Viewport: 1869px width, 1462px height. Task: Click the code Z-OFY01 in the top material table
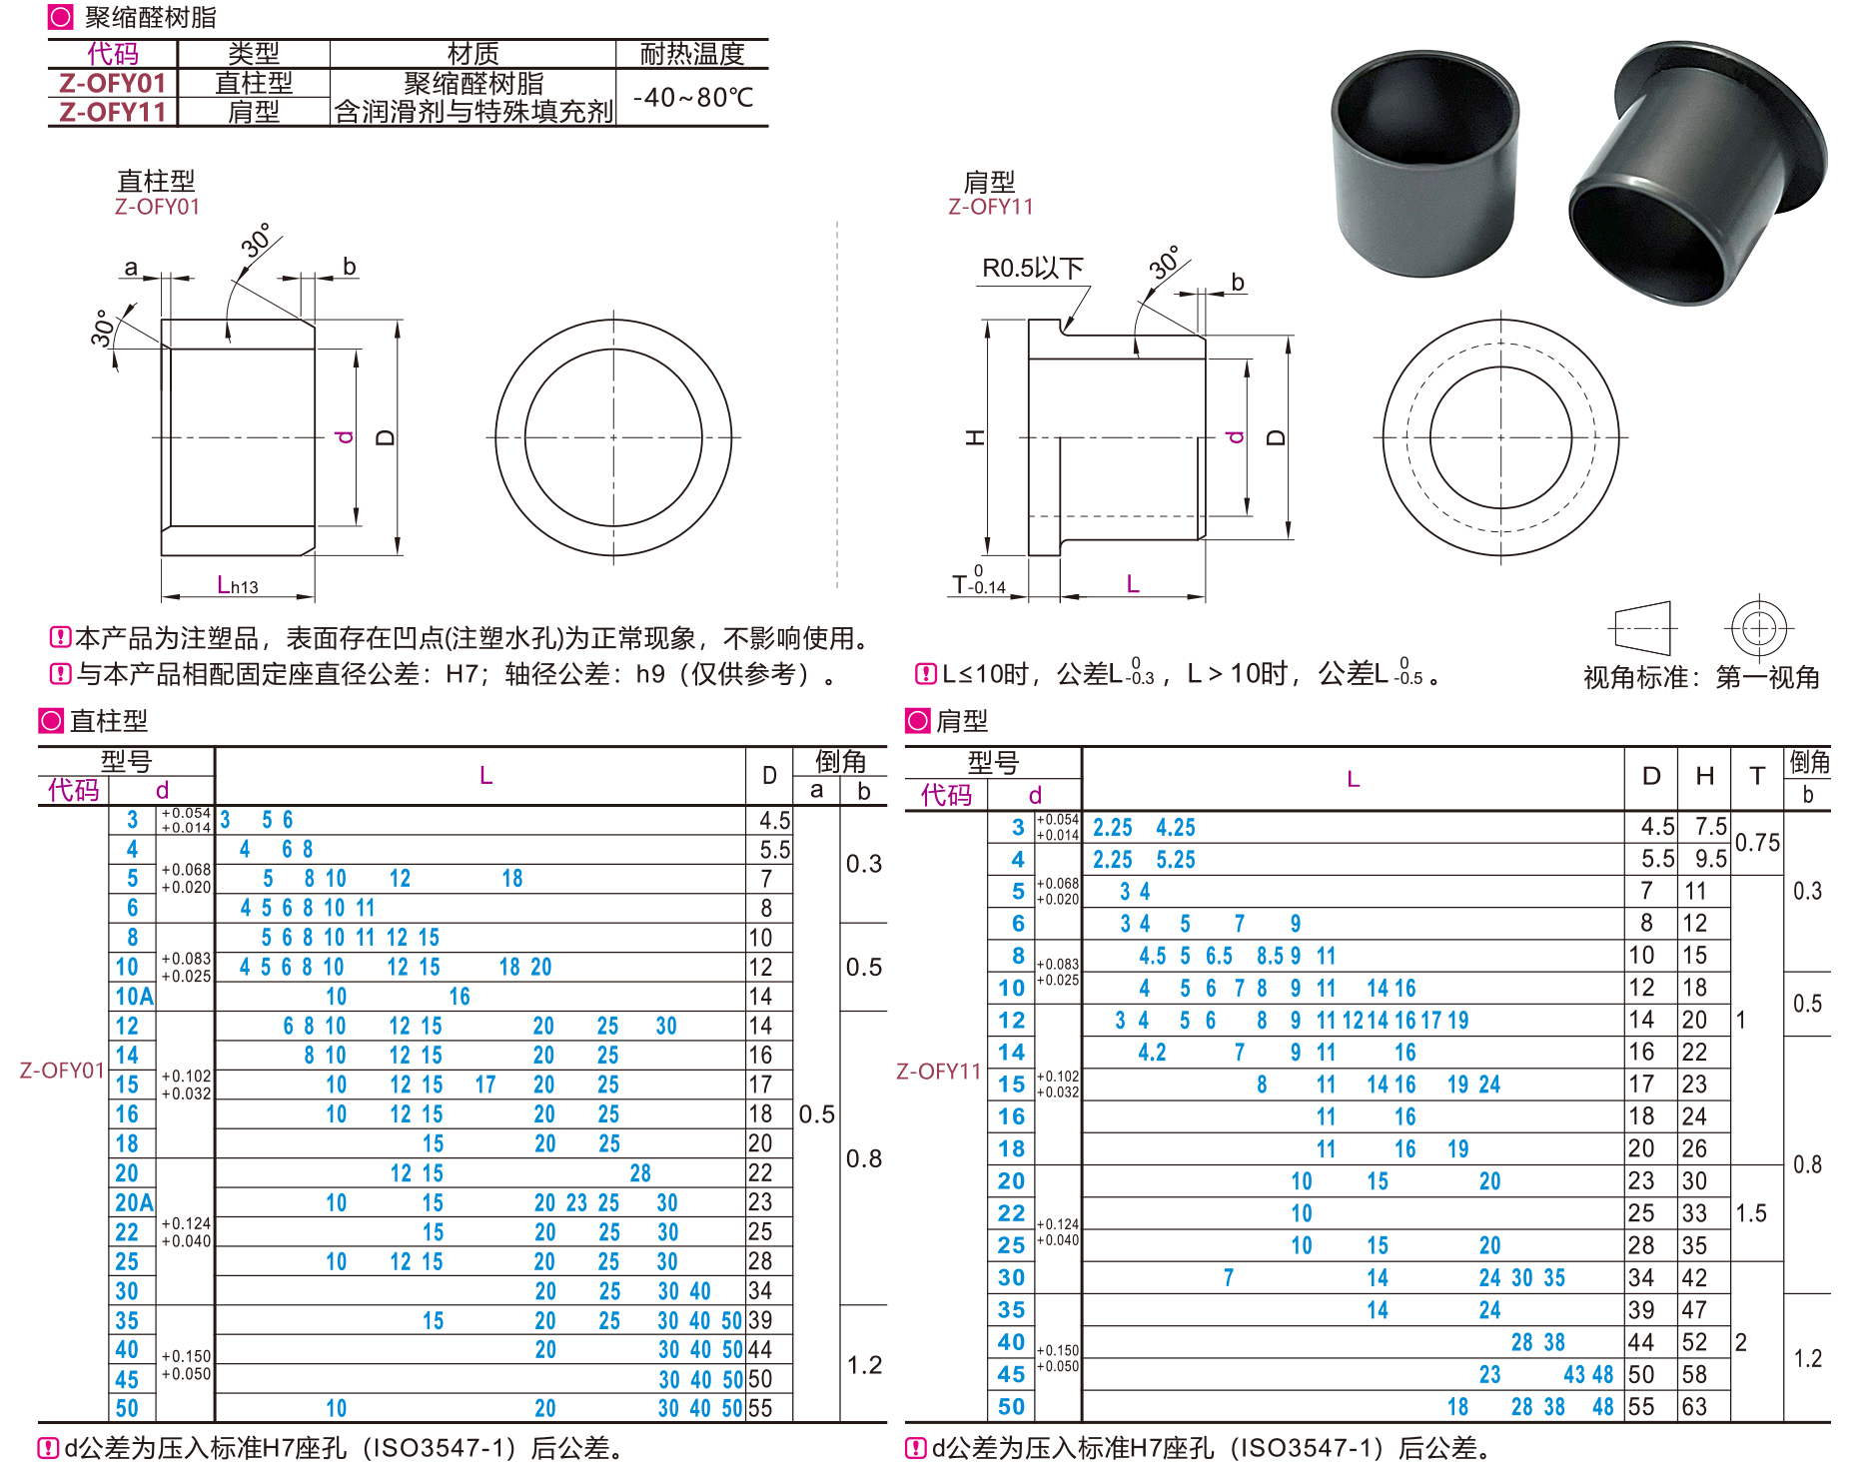coord(112,83)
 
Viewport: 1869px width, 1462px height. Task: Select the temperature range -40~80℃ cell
coord(693,98)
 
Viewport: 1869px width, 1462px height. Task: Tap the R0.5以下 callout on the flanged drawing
coord(1033,268)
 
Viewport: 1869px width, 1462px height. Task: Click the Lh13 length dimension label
coord(238,585)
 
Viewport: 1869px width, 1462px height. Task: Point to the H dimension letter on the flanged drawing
coord(976,437)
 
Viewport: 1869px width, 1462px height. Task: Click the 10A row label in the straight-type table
coord(134,997)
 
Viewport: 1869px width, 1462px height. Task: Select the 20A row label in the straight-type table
coord(134,1202)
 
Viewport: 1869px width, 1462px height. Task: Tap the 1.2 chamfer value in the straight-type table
coord(864,1365)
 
